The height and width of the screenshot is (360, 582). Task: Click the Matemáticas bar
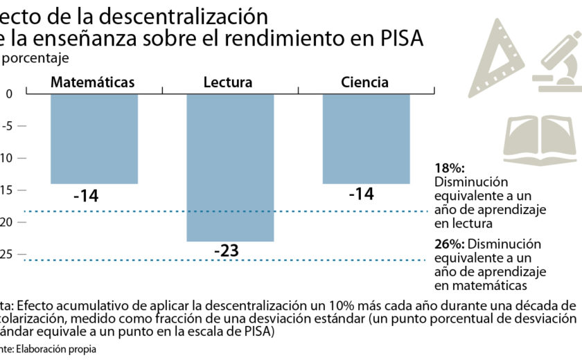(94, 138)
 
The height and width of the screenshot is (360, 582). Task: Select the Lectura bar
(230, 166)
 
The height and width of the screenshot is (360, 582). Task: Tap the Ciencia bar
(366, 138)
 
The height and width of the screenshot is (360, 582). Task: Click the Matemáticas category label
(92, 82)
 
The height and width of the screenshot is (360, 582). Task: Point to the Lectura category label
(228, 82)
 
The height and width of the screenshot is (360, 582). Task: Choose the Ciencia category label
(364, 82)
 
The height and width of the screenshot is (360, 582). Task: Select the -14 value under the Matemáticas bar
(86, 196)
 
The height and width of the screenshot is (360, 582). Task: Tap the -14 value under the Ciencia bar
(361, 194)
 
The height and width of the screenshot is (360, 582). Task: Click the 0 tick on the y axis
(8, 94)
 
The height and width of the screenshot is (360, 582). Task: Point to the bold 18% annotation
(449, 168)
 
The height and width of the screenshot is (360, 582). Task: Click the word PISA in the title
(401, 38)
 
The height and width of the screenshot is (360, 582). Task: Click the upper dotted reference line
(208, 211)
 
